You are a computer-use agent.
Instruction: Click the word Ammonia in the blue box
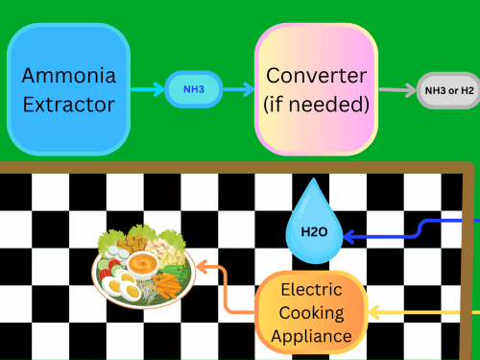click(x=69, y=76)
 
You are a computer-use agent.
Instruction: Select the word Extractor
click(x=69, y=105)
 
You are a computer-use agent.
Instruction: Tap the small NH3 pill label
click(x=194, y=89)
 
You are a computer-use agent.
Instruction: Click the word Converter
click(x=317, y=76)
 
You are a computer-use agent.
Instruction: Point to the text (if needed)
click(x=317, y=105)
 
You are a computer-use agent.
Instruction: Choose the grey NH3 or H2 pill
click(x=448, y=90)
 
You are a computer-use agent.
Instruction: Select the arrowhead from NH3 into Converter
click(x=249, y=89)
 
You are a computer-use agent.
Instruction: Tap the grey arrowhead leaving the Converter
click(x=411, y=90)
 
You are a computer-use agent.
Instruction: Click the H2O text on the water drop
click(x=314, y=231)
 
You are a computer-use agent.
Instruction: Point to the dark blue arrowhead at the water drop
click(x=348, y=237)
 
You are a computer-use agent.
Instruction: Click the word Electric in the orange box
click(x=311, y=290)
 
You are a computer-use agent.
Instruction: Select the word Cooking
click(x=311, y=313)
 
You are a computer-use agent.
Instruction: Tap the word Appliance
click(x=311, y=336)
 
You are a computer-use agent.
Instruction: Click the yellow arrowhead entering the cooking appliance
click(x=373, y=312)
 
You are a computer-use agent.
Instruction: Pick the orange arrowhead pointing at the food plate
click(x=203, y=267)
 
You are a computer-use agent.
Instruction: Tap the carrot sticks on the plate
click(x=167, y=285)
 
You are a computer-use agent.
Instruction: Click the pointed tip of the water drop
click(x=314, y=179)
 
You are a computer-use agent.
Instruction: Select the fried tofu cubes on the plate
click(x=132, y=243)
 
